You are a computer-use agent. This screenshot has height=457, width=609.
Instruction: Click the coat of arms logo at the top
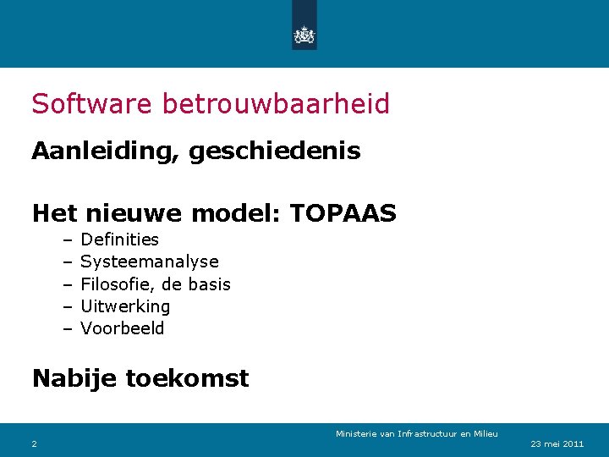pos(304,35)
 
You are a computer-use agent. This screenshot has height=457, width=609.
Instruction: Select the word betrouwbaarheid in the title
pos(276,104)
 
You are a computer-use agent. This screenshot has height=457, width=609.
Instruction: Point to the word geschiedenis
pos(275,151)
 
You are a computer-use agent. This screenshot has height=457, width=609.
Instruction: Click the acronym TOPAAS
pos(343,213)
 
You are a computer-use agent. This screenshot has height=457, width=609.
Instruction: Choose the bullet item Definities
pos(119,240)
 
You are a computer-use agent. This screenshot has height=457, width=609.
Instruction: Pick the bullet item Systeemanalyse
pos(149,262)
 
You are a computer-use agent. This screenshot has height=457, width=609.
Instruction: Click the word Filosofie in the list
pos(115,284)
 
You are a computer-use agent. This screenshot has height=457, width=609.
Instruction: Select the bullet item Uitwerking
pos(125,306)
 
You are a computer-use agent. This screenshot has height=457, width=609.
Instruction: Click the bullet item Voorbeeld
pos(123,328)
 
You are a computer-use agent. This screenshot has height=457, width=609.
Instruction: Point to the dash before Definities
pos(67,240)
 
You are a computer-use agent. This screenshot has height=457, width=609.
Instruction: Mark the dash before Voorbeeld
pos(67,328)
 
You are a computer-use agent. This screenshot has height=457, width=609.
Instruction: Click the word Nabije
pos(74,377)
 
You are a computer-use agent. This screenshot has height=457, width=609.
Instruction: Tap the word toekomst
pos(187,377)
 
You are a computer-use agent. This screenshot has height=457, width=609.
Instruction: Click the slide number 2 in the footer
pos(34,443)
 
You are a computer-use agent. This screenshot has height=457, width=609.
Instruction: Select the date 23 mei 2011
pos(557,443)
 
